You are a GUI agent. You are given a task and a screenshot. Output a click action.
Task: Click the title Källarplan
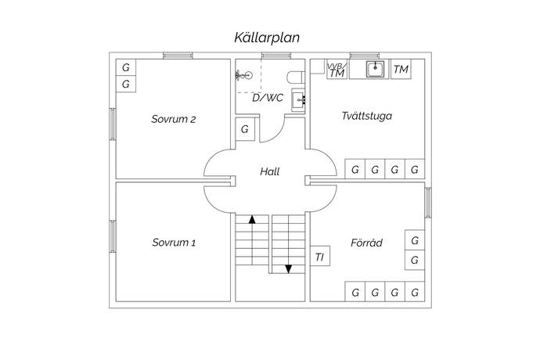(268, 37)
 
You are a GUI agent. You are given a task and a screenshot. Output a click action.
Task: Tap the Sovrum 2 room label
(174, 120)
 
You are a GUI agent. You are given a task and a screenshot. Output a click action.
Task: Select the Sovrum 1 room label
(174, 243)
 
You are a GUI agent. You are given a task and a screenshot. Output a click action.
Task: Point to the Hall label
(269, 172)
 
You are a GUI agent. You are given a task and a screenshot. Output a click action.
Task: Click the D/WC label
(268, 98)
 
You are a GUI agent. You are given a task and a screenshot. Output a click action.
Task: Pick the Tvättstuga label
(366, 117)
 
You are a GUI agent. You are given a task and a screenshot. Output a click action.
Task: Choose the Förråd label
(366, 243)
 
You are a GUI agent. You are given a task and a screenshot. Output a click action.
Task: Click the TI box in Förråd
(319, 257)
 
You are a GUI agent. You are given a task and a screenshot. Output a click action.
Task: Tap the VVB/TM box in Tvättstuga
(337, 70)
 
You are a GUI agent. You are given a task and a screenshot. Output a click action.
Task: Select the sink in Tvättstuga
(376, 69)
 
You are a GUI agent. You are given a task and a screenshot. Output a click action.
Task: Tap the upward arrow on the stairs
(252, 220)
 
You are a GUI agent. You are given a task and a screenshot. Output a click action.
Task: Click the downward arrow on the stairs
(288, 268)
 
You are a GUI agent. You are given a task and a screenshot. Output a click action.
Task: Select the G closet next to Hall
(245, 129)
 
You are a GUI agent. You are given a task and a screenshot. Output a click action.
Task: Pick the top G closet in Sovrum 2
(125, 66)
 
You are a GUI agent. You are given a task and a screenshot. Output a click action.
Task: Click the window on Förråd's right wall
(427, 202)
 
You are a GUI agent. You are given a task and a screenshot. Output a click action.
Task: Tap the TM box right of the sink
(401, 70)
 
